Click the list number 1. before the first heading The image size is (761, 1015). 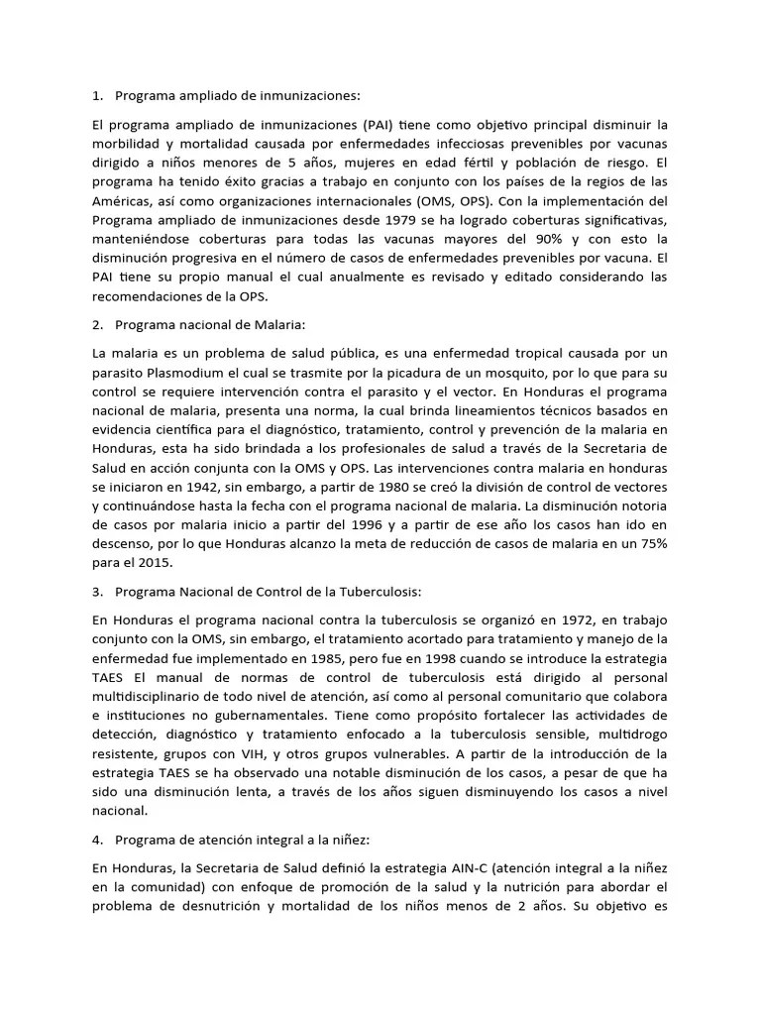[x=97, y=96]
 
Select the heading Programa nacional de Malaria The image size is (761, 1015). [x=211, y=324]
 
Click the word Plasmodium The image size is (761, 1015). [x=190, y=372]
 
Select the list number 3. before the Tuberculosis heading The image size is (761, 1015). [x=97, y=592]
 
